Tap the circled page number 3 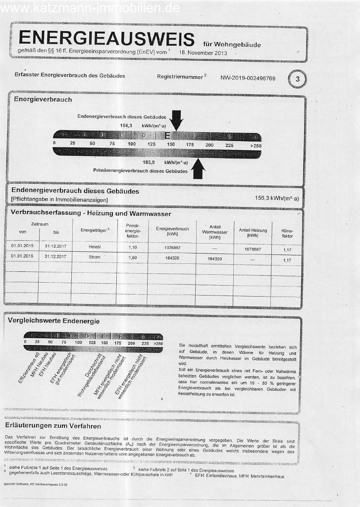coord(297,78)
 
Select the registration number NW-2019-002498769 coord(248,78)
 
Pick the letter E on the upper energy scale coord(168,135)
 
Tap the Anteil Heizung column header coord(253,232)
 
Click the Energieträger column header coord(91,230)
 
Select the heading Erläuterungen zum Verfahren coord(52,426)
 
